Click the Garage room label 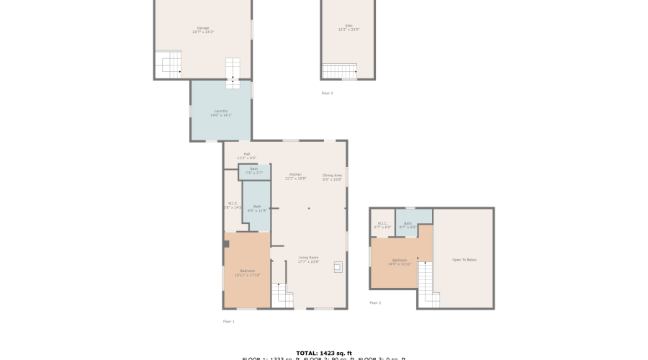click(203, 30)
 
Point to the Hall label click(246, 155)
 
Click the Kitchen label click(296, 176)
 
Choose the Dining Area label click(332, 176)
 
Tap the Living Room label click(308, 259)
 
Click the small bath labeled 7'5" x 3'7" click(254, 171)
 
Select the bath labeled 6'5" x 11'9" click(256, 207)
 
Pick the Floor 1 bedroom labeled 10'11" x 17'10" click(247, 271)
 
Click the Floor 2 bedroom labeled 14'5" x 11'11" click(400, 261)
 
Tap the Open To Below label click(464, 259)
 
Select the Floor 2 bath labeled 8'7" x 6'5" click(408, 225)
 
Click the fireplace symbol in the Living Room click(336, 266)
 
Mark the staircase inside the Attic click(339, 71)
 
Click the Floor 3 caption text click(327, 93)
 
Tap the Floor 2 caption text click(375, 302)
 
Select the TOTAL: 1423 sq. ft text click(323, 353)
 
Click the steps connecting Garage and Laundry click(233, 73)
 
